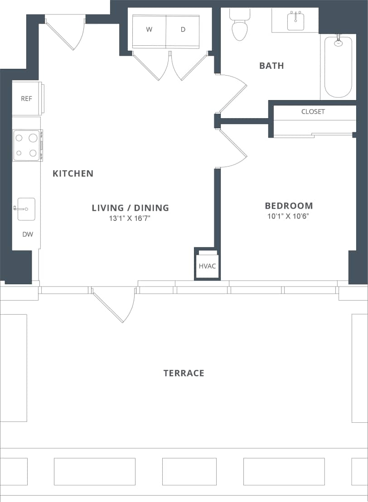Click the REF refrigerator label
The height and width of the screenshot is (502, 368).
[x=26, y=99]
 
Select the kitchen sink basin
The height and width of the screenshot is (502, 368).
[x=27, y=209]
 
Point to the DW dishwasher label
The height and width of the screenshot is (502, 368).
[x=28, y=234]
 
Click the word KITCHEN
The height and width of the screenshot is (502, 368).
[x=73, y=173]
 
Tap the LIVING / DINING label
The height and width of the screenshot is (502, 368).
[x=130, y=208]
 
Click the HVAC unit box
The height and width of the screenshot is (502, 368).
[x=208, y=266]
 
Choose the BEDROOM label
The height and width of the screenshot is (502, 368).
[x=289, y=206]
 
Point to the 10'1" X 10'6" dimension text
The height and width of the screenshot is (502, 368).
[x=289, y=216]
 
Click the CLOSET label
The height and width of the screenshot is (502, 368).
[x=313, y=111]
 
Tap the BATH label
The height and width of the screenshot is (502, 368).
[x=271, y=66]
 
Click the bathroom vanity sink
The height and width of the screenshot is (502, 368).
[x=295, y=21]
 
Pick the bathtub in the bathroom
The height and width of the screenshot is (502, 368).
[x=338, y=67]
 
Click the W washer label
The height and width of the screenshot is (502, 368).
[x=149, y=30]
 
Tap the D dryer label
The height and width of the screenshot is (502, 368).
[x=183, y=30]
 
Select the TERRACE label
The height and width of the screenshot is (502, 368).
[x=184, y=373]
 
